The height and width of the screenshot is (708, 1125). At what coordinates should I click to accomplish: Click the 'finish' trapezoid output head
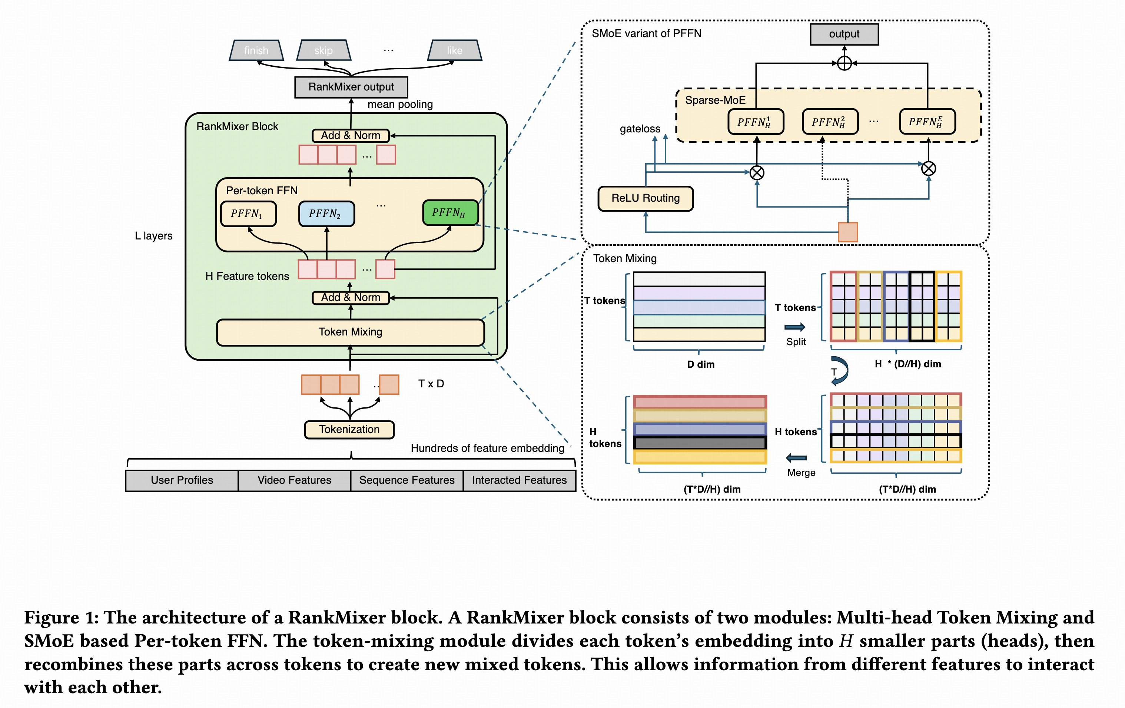pyautogui.click(x=256, y=50)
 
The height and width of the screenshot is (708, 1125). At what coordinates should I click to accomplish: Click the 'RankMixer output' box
pyautogui.click(x=351, y=87)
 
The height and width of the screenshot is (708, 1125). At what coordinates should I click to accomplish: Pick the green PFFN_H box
pyautogui.click(x=450, y=213)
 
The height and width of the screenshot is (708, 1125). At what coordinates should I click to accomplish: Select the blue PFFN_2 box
pyautogui.click(x=326, y=214)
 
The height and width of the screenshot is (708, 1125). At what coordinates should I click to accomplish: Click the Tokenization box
pyautogui.click(x=349, y=430)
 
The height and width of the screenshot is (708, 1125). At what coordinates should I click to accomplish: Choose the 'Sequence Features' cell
pyautogui.click(x=406, y=480)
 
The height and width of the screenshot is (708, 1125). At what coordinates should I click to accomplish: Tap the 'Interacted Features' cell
pyautogui.click(x=519, y=480)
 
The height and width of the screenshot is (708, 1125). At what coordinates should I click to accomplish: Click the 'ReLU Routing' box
pyautogui.click(x=645, y=198)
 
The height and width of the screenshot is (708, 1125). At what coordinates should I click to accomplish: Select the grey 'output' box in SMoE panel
pyautogui.click(x=844, y=34)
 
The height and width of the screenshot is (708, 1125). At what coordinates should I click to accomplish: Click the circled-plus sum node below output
pyautogui.click(x=844, y=63)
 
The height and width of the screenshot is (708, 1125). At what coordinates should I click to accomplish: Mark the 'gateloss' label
pyautogui.click(x=640, y=129)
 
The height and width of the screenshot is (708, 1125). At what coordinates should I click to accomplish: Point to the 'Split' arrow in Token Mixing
pyautogui.click(x=795, y=327)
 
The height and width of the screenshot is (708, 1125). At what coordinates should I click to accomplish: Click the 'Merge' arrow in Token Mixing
pyautogui.click(x=797, y=458)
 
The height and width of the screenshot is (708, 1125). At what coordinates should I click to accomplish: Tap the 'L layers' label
pyautogui.click(x=153, y=236)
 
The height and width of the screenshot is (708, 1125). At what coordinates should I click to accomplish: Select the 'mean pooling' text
pyautogui.click(x=400, y=105)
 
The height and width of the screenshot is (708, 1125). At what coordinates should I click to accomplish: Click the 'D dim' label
pyautogui.click(x=700, y=364)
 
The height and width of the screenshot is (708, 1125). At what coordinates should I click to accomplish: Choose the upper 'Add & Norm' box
pyautogui.click(x=351, y=136)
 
